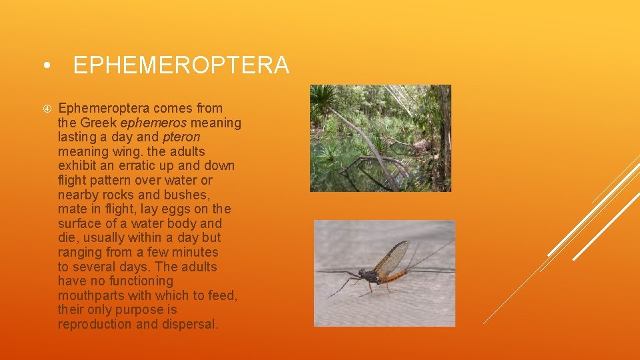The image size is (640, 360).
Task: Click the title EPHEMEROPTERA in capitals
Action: coord(181,65)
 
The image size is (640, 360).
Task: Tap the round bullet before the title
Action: coord(45,66)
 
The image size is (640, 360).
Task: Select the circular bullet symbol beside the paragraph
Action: coord(45,108)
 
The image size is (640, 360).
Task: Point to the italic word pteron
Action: coord(181,137)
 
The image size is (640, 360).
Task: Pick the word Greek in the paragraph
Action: coord(99,123)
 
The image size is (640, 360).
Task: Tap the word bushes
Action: coord(188,195)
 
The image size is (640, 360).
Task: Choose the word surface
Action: coord(81,224)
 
